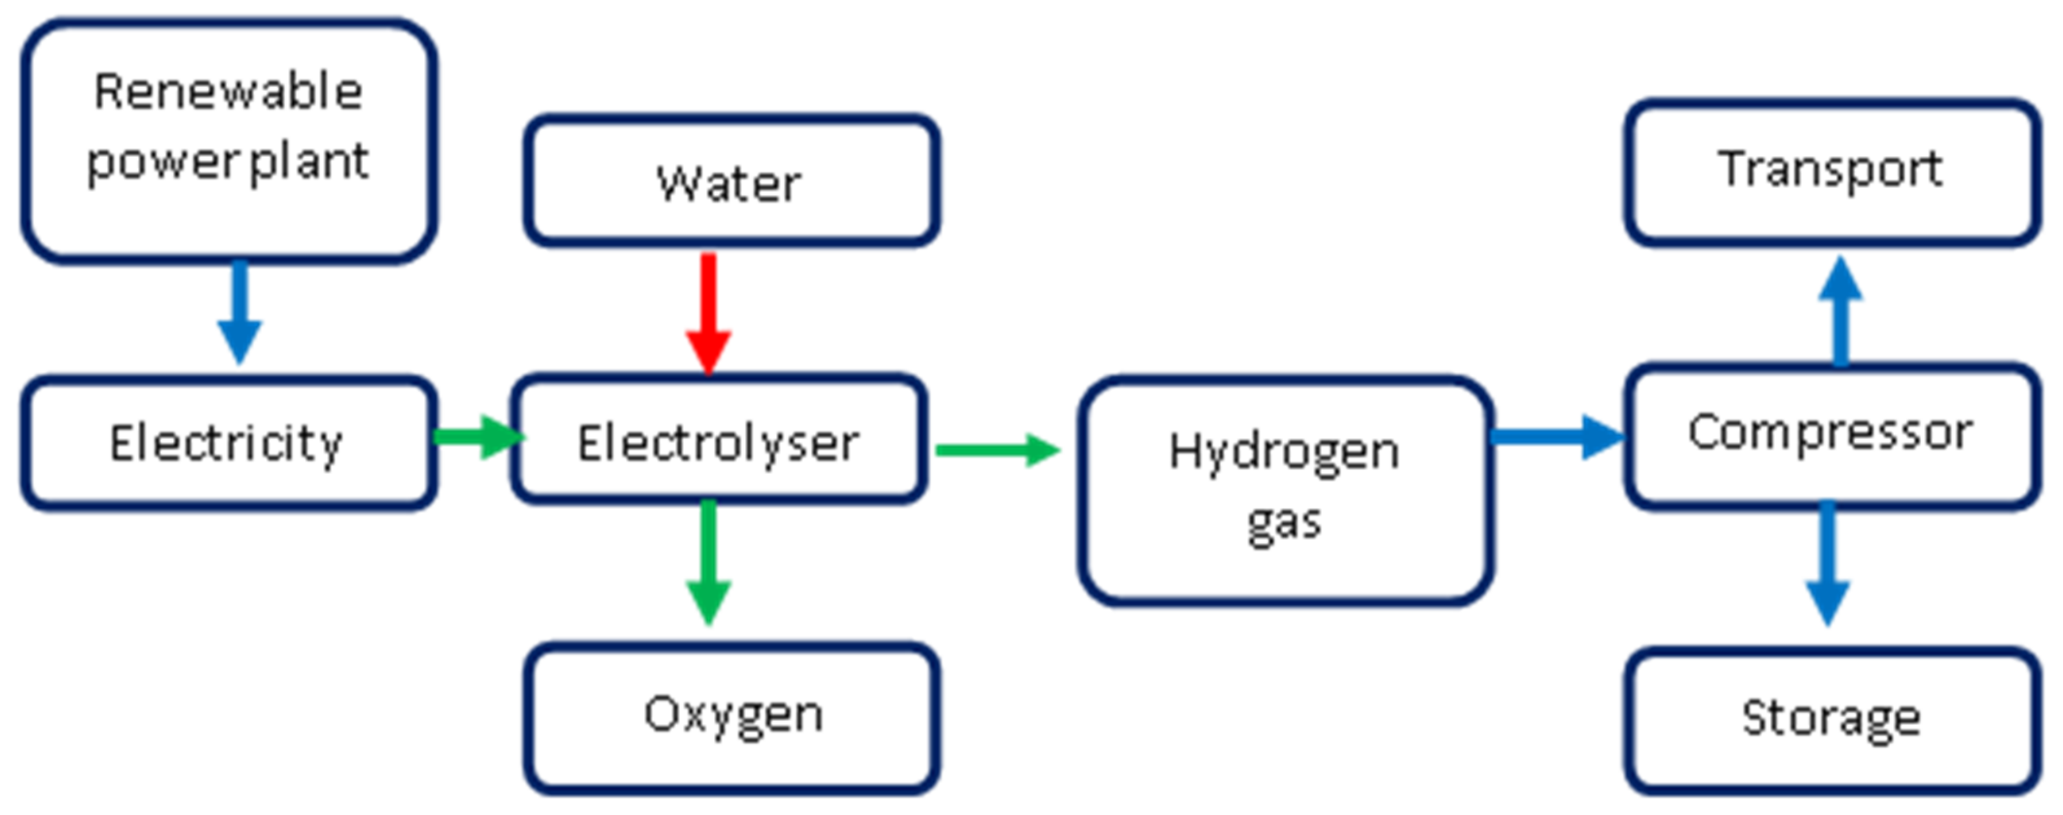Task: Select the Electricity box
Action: pyautogui.click(x=229, y=442)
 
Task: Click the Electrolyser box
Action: pyautogui.click(x=718, y=441)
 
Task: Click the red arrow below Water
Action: pyautogui.click(x=708, y=312)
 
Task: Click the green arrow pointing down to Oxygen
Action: pyautogui.click(x=708, y=560)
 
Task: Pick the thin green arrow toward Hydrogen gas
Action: pyautogui.click(x=997, y=450)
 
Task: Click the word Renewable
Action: pyautogui.click(x=229, y=91)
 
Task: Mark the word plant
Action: pyautogui.click(x=309, y=162)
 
